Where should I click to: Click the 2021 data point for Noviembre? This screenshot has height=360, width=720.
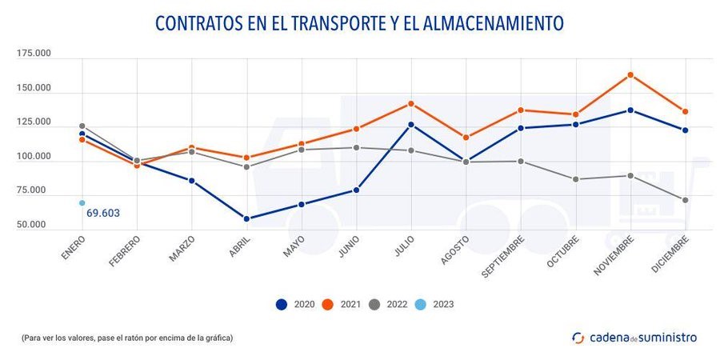click(630, 75)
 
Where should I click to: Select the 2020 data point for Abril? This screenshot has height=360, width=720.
click(246, 218)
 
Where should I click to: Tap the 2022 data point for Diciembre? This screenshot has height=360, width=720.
click(686, 200)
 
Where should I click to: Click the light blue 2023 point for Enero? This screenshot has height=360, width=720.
click(82, 203)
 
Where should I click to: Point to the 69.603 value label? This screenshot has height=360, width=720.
click(103, 214)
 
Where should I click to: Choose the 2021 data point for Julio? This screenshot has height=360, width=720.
click(411, 103)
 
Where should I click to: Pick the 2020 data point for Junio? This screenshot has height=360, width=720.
click(356, 190)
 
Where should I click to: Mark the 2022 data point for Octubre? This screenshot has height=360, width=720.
click(576, 179)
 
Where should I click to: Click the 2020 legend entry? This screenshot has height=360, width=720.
click(294, 304)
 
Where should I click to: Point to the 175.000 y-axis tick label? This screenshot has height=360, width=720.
click(34, 54)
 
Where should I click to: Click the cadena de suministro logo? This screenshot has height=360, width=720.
click(634, 338)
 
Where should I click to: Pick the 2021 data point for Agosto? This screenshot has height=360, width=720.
click(466, 138)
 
